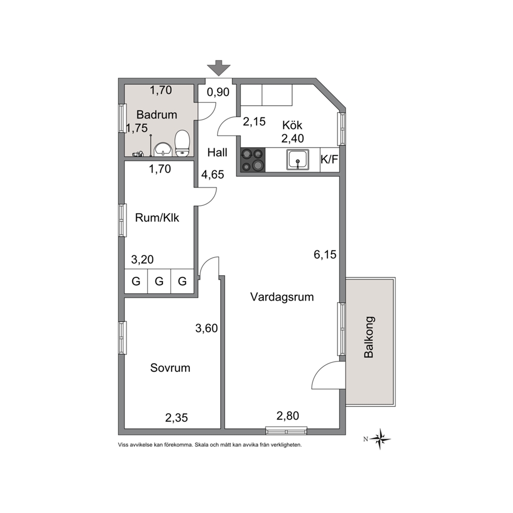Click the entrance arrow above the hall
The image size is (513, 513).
click(x=219, y=68)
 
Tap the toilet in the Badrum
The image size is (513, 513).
click(x=182, y=143)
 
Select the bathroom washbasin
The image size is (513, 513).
click(x=163, y=149)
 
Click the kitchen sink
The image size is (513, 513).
click(x=298, y=160)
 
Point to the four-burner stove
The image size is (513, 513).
click(x=253, y=160)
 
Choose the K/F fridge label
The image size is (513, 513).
click(x=329, y=160)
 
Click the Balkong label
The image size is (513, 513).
click(x=369, y=337)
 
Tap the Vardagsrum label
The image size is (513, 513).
click(x=282, y=297)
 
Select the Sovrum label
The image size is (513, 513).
click(x=170, y=368)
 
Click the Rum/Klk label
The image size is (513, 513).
click(x=157, y=218)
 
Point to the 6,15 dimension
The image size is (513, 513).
click(x=325, y=254)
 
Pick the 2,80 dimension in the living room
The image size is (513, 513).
click(x=288, y=416)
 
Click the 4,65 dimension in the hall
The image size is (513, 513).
click(x=213, y=175)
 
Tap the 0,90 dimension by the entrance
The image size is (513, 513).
click(x=218, y=92)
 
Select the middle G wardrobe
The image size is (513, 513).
click(x=159, y=281)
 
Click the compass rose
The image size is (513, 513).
click(x=380, y=439)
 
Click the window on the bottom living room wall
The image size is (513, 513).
click(x=286, y=431)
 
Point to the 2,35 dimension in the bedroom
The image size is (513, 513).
click(x=177, y=418)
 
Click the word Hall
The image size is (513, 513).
click(x=217, y=153)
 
